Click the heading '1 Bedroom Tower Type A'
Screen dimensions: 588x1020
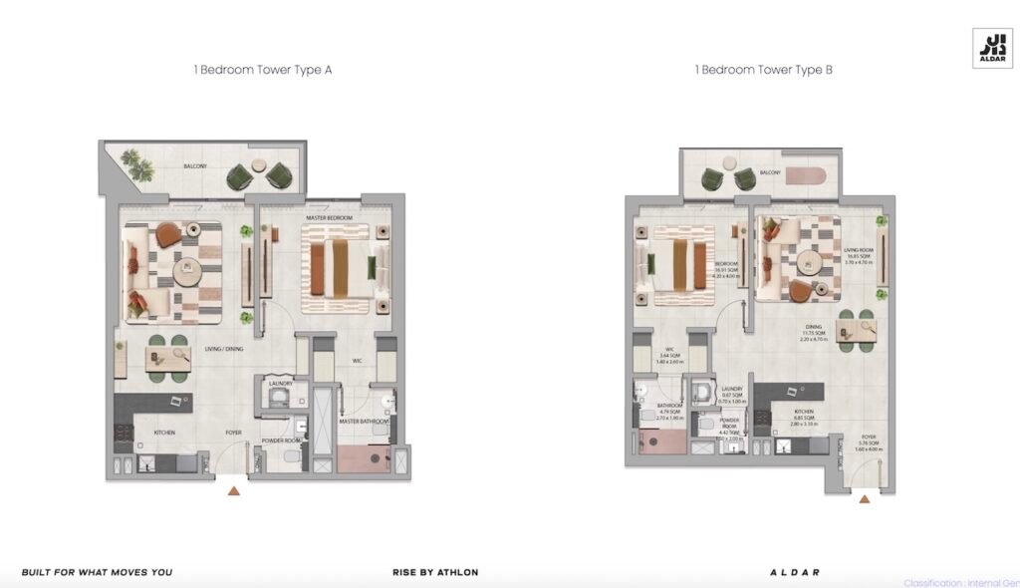262,71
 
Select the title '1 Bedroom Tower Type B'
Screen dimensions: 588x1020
763,71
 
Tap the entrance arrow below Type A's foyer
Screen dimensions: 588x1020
233,490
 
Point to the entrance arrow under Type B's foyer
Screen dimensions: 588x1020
864,498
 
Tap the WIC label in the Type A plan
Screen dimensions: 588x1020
356,361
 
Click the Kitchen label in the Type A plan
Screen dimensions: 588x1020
164,433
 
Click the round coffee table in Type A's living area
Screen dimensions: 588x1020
186,270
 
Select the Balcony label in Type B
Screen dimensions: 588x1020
770,173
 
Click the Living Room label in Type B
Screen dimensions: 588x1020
858,251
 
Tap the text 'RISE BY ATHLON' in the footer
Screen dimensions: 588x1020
435,572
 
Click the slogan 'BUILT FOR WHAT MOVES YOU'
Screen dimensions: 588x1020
97,572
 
